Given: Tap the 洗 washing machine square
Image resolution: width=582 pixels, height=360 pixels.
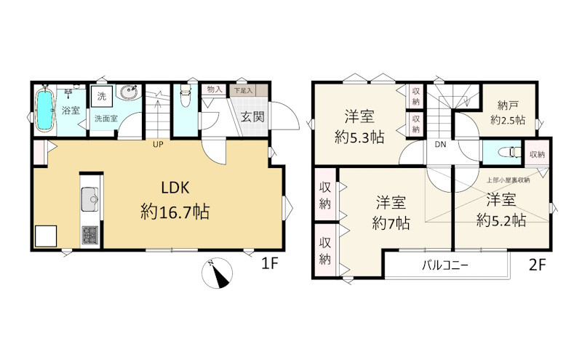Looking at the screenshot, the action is (x=102, y=97).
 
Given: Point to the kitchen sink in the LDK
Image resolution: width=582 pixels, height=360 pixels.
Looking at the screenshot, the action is (x=89, y=199).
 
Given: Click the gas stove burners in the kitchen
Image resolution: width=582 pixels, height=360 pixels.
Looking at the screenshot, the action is (x=89, y=236).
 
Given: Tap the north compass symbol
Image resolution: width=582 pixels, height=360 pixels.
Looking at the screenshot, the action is (x=217, y=273).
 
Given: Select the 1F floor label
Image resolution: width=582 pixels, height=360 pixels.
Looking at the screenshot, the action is (x=269, y=263).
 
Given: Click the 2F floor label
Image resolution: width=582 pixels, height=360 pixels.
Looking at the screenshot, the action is (x=537, y=265).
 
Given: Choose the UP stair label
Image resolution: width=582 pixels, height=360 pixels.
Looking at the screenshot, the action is (x=158, y=145).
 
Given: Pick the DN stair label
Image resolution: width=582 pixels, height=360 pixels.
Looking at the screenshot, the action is (x=440, y=145).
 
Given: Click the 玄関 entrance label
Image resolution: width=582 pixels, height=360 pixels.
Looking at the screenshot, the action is (x=252, y=116).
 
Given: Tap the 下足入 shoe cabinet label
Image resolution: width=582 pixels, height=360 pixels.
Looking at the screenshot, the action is (x=243, y=90).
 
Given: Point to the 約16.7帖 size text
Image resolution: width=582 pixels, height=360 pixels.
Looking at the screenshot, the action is (x=175, y=212).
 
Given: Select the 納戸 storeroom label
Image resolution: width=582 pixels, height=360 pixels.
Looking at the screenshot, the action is (x=507, y=105).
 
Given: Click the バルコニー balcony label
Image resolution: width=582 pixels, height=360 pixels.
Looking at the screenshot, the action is (x=445, y=265).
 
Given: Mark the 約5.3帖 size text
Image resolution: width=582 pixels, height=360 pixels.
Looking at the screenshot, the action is (x=359, y=137).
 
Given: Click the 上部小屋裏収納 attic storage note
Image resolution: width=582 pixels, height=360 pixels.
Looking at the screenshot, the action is (x=508, y=180).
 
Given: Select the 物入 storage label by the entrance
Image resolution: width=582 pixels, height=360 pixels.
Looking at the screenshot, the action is (x=215, y=89).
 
